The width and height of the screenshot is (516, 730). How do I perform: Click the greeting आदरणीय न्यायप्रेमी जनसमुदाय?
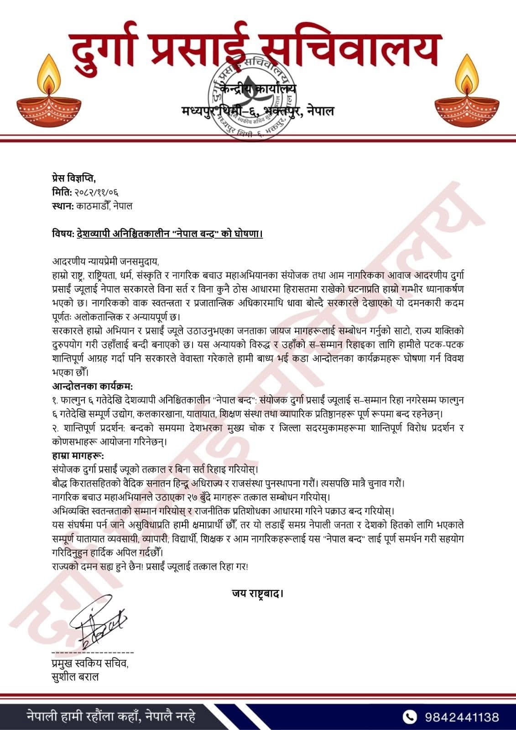point(105,262)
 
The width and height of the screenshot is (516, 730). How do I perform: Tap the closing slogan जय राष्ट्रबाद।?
point(258,594)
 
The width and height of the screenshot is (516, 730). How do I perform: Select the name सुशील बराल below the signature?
point(76,677)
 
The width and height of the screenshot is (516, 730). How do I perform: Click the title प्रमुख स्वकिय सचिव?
point(90,663)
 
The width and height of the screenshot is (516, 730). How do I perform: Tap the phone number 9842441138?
point(462,717)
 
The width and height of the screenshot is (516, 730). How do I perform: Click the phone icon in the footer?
point(411,716)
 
